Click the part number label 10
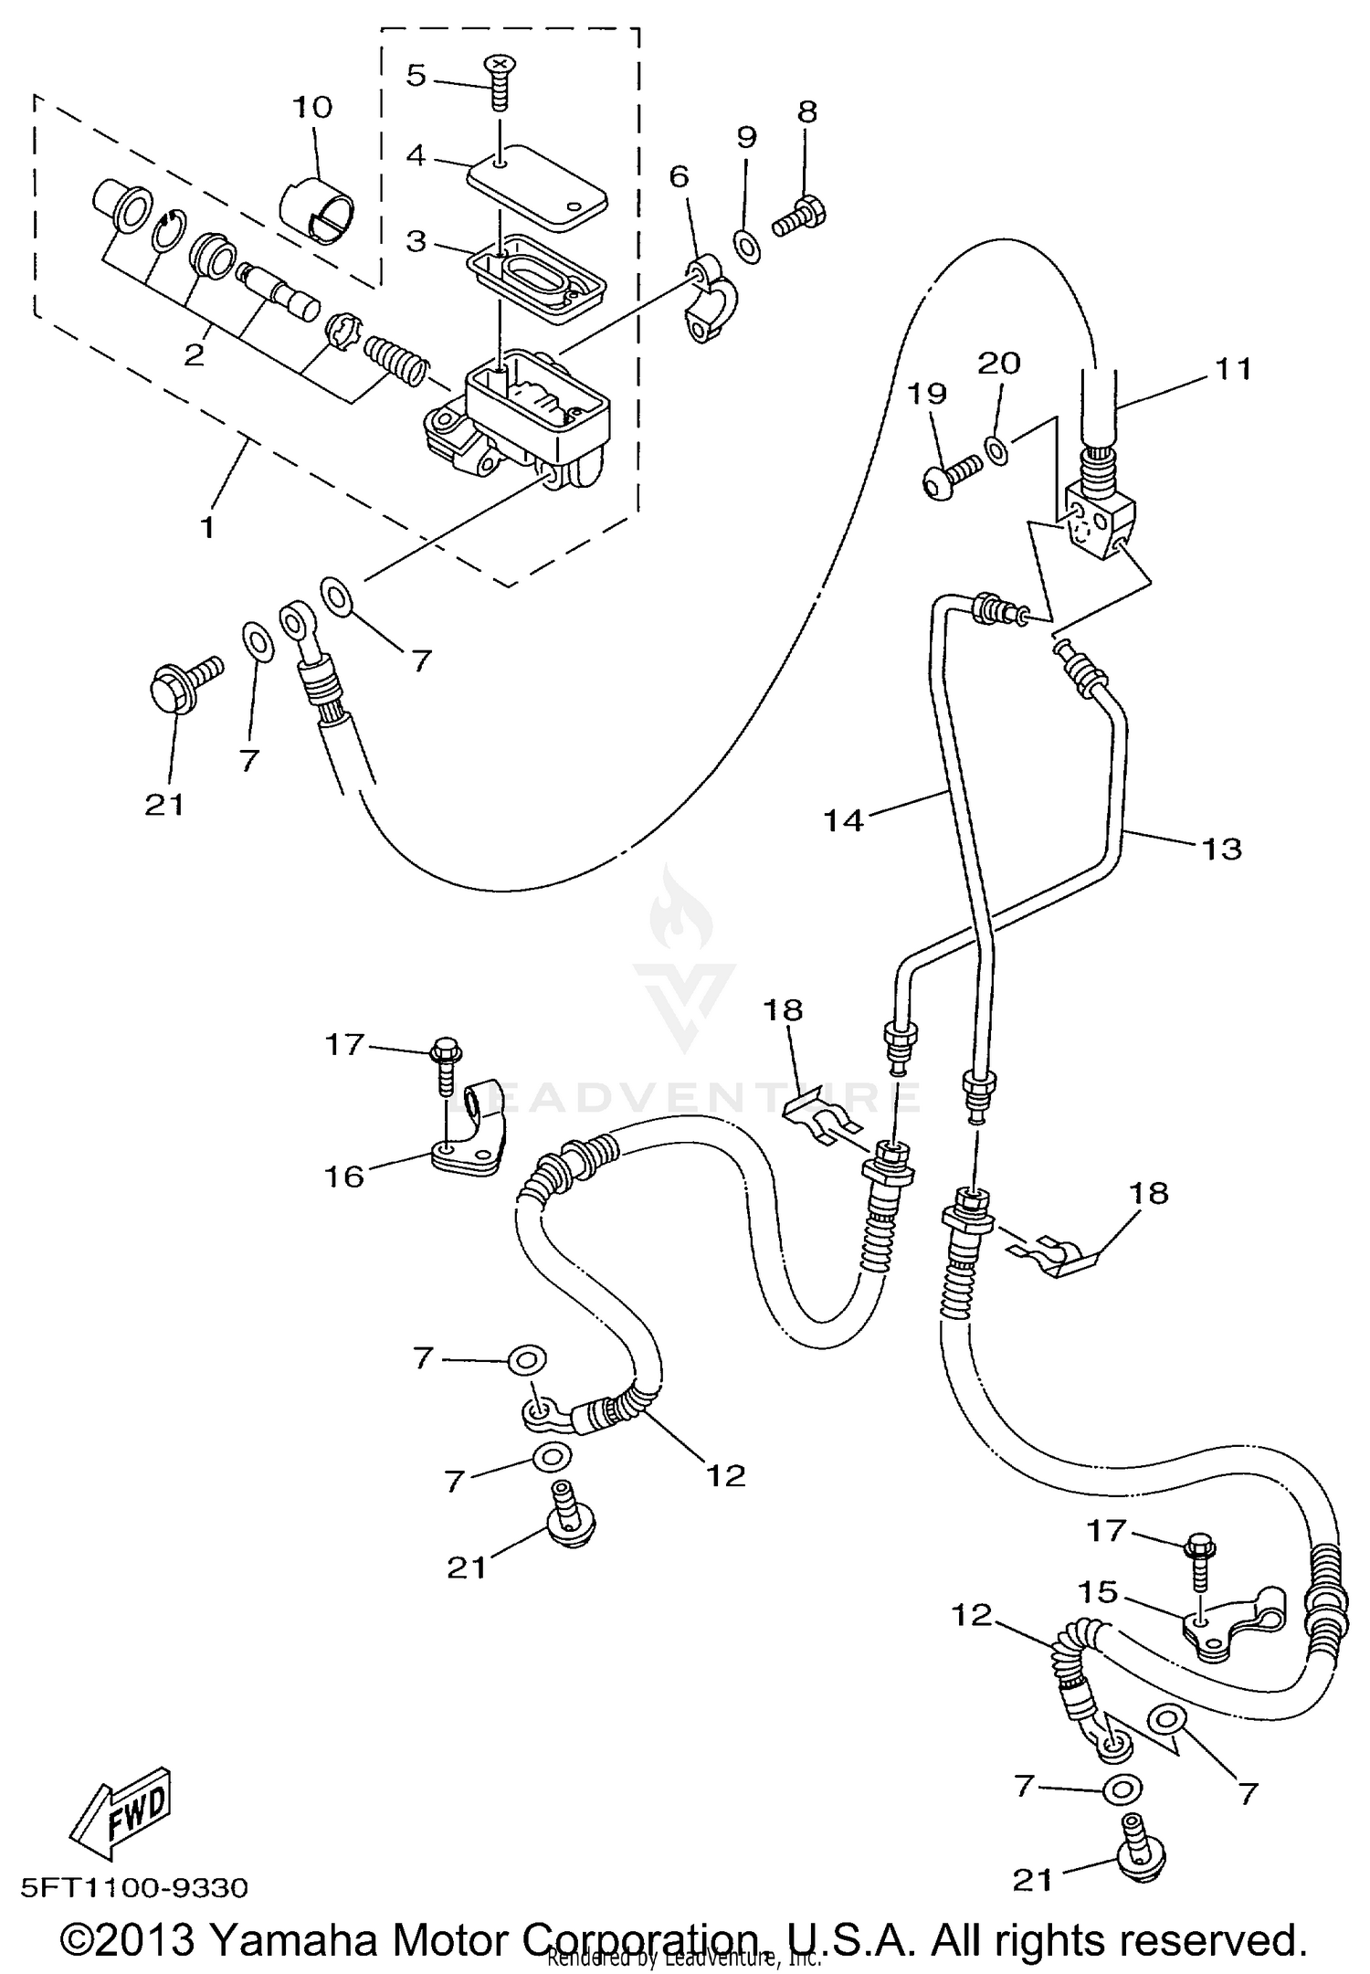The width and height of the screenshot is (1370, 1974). coord(312,107)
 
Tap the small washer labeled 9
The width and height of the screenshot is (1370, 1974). coord(746,244)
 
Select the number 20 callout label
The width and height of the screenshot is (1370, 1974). coord(999,363)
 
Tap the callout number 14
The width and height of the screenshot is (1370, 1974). coord(843,819)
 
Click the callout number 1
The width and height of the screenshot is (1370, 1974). coord(207,527)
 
